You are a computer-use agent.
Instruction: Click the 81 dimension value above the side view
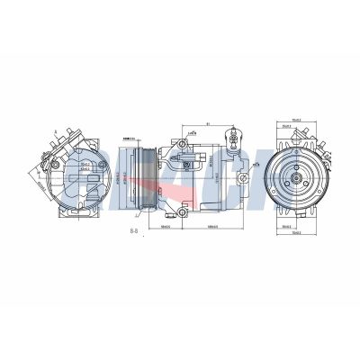207,124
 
